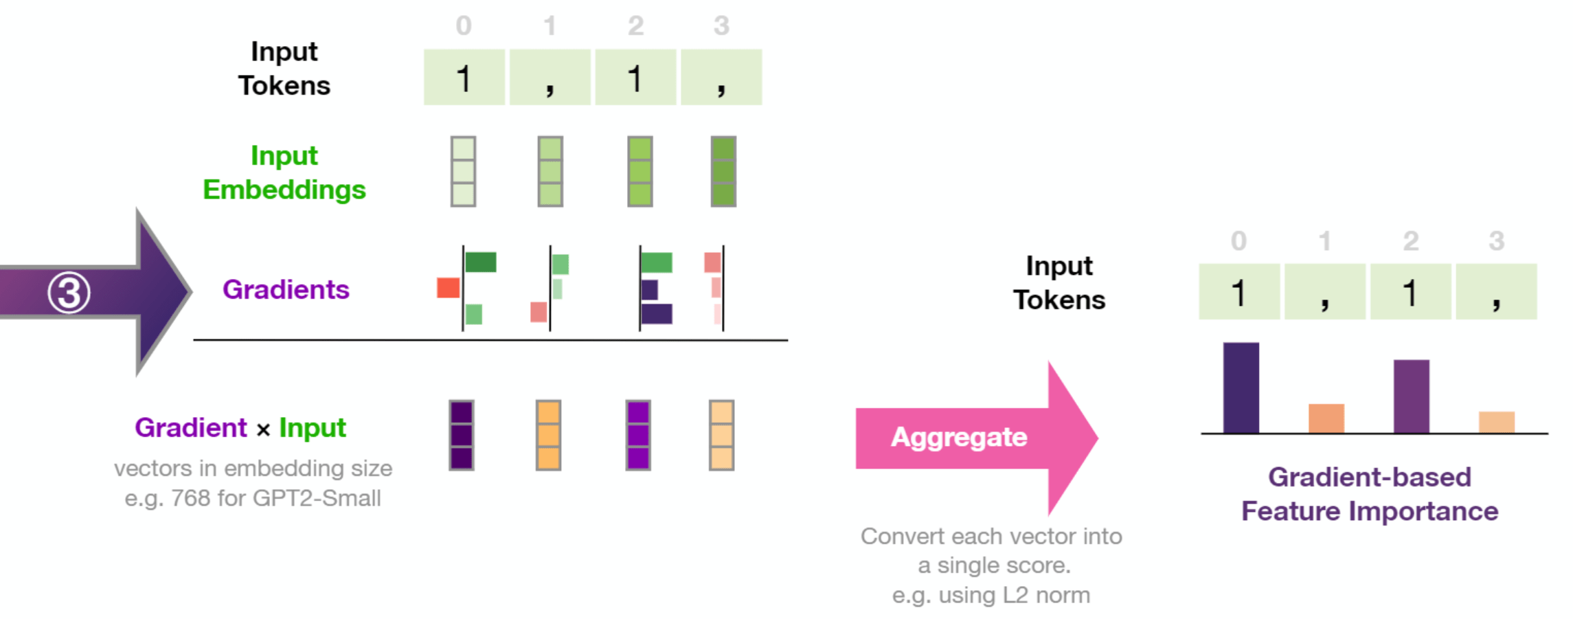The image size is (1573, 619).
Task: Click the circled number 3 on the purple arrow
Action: [69, 293]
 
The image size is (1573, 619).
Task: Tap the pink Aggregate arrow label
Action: [959, 438]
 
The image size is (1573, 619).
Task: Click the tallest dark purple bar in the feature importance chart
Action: [1241, 387]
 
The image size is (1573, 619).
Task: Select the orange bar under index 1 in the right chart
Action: [1326, 418]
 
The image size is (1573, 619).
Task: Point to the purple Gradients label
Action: [286, 290]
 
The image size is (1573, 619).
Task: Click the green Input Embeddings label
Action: [284, 172]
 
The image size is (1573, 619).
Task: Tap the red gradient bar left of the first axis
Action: [448, 288]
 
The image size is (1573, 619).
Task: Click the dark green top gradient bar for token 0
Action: [481, 262]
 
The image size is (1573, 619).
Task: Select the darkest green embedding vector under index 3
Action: [723, 172]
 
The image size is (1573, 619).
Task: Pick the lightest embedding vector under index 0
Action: [463, 172]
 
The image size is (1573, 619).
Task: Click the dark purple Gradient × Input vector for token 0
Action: [462, 436]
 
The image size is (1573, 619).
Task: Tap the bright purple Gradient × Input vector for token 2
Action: [638, 436]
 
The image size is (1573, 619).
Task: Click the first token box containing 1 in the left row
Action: [464, 78]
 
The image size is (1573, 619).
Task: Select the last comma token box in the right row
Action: [1496, 292]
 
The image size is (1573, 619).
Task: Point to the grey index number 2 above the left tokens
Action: [635, 26]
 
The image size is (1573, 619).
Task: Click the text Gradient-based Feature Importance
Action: [1369, 494]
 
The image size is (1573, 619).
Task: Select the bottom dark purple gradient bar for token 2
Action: [657, 314]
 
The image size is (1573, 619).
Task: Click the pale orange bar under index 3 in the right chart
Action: [1496, 422]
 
